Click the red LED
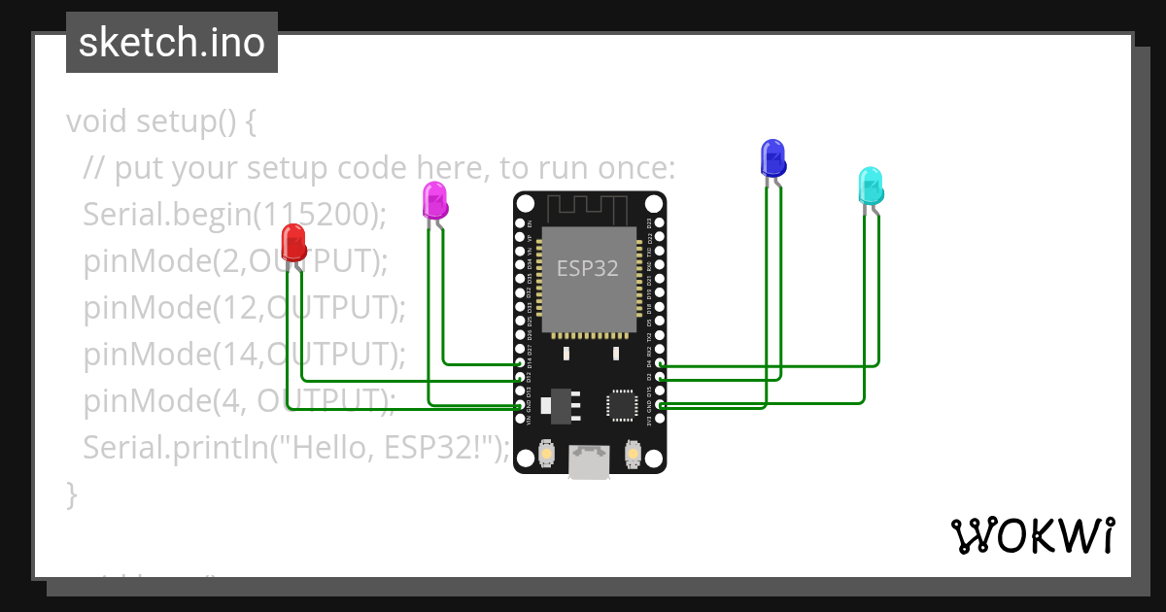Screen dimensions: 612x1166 (292, 241)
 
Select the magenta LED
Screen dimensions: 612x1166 (434, 199)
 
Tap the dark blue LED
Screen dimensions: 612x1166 (772, 157)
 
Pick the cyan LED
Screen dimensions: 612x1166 (871, 185)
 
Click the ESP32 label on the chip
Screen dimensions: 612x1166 (587, 269)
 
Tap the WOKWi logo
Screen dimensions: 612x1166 (1032, 535)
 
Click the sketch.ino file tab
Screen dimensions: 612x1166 (172, 43)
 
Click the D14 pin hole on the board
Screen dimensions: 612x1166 (520, 363)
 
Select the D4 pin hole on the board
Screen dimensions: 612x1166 (661, 363)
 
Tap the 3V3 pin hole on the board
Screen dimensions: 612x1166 (661, 419)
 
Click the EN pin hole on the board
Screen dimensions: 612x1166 (520, 223)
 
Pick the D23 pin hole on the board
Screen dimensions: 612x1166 (661, 223)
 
